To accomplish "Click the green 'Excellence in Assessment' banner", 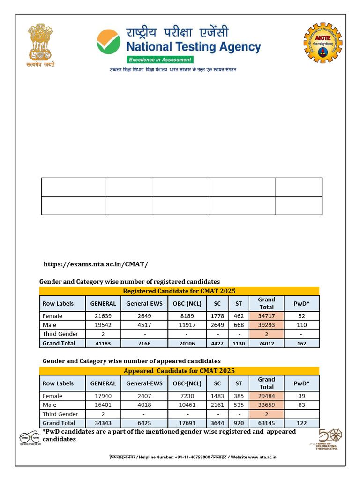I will click(160, 60).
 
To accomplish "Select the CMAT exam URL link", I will click(96, 264).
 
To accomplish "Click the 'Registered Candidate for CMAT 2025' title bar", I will click(179, 291).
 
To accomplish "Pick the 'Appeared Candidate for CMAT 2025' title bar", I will click(179, 371).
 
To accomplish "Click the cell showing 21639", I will click(103, 316).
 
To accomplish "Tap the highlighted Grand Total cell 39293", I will click(266, 325).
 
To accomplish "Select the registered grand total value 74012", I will click(266, 344).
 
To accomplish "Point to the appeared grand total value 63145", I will click(266, 423).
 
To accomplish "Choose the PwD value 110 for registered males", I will click(302, 325).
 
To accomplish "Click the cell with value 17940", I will click(103, 396).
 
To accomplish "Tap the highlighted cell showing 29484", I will click(266, 396).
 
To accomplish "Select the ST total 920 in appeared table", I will click(239, 423).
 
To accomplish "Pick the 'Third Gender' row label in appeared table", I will click(60, 414).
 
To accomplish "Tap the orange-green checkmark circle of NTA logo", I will click(109, 41).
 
